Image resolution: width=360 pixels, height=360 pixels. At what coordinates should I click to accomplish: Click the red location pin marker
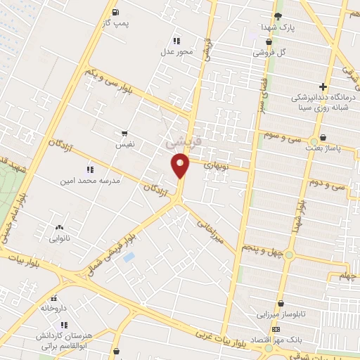coord(180,165)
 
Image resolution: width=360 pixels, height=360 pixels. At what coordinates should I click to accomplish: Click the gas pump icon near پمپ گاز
coord(115,11)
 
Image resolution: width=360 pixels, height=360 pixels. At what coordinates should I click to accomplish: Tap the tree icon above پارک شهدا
coord(278,15)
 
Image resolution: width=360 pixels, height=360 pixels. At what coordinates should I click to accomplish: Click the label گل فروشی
coord(271,52)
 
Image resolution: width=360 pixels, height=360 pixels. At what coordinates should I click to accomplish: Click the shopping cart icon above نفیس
coord(124,132)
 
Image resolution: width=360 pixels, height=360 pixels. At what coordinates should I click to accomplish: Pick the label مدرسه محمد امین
coord(92,180)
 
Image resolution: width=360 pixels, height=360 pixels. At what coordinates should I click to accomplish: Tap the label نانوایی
coord(58,238)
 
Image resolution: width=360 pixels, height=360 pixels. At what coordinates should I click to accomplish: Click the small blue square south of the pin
coord(129,257)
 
